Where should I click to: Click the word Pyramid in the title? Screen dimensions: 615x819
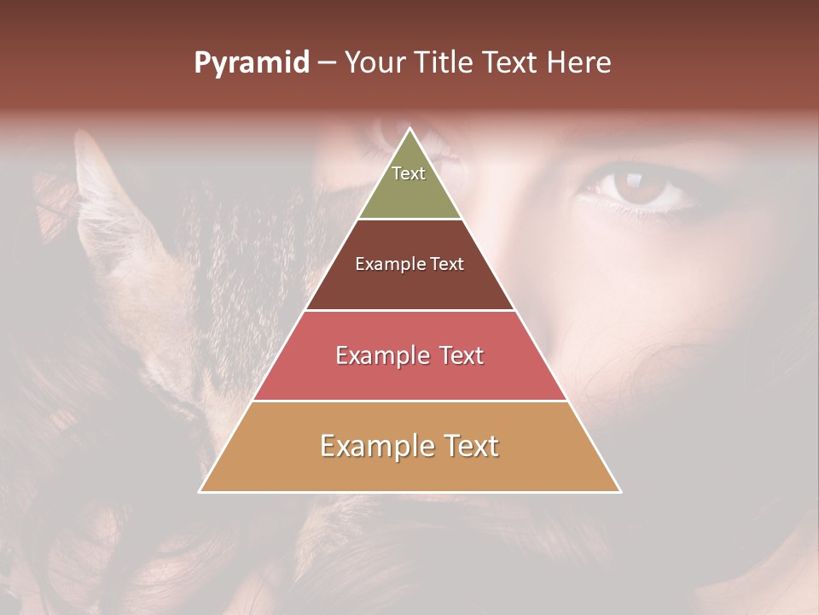pos(252,63)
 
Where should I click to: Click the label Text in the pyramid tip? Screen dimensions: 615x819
pos(409,173)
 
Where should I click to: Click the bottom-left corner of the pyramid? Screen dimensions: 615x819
pos(200,491)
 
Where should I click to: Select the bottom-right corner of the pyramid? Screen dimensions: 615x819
pos(619,491)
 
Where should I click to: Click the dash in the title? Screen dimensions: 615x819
pos(327,63)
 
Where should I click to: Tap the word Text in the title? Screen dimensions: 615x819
pos(512,63)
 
